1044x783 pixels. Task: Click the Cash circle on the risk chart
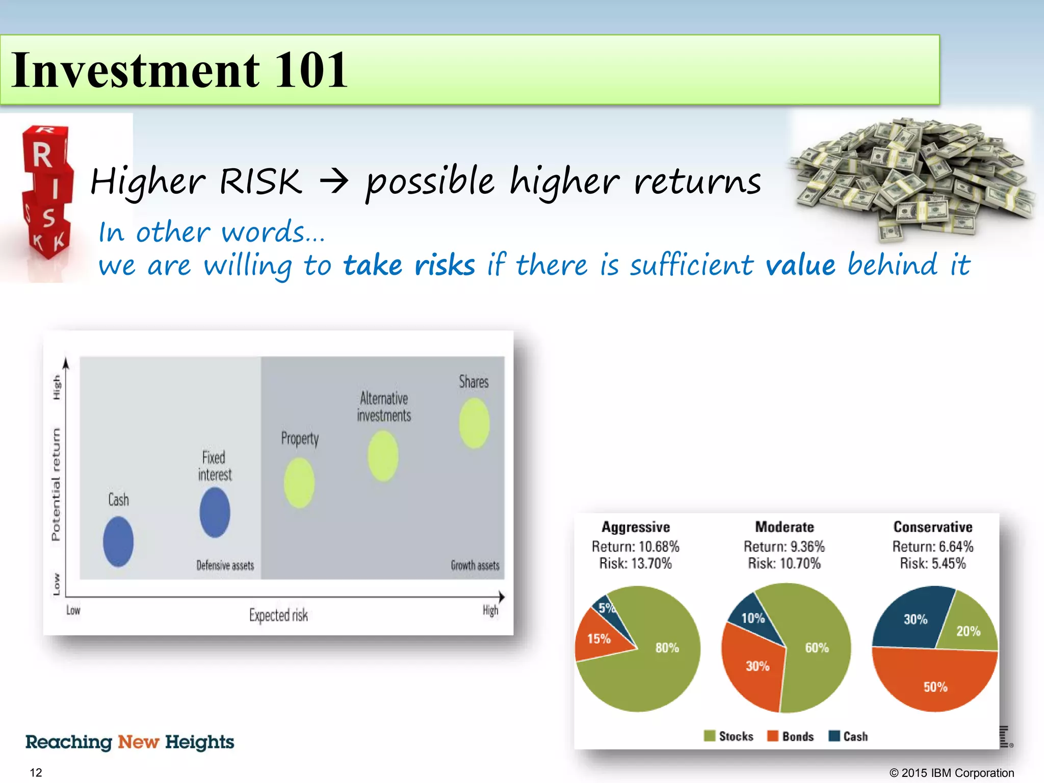tap(118, 541)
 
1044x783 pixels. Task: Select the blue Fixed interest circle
tap(215, 512)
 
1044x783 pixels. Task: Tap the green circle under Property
tap(299, 483)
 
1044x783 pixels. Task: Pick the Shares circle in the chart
tap(474, 423)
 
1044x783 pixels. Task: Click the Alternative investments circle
tap(383, 456)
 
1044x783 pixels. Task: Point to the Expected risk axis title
tap(278, 615)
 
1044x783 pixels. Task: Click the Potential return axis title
tap(56, 484)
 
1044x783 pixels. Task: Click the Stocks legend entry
tap(729, 736)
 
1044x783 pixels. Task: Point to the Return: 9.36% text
tap(784, 546)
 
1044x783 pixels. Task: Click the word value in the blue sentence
tap(800, 265)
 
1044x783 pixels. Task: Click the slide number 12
tap(36, 772)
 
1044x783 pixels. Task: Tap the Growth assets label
tap(475, 565)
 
